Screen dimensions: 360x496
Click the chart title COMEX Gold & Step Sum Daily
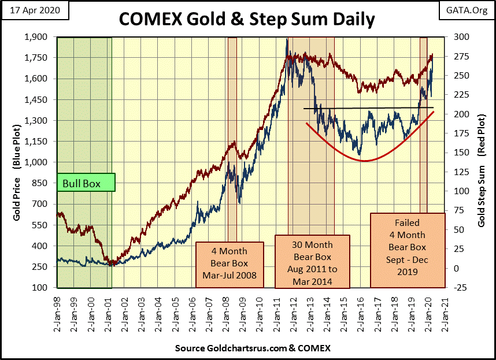coord(247,19)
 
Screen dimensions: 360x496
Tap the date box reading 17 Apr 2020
coord(35,11)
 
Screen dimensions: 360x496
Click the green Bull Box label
coord(86,184)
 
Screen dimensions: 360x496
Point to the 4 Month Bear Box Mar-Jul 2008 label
coord(230,262)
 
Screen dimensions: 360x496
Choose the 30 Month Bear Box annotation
coord(312,261)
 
